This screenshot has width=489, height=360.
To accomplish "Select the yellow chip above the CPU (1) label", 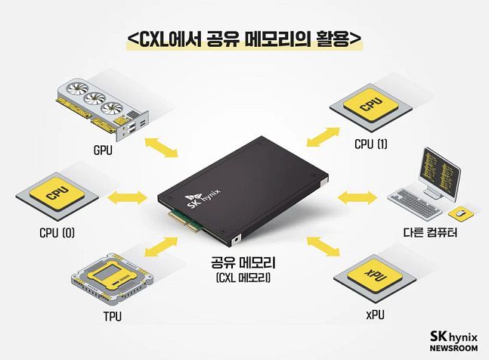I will point(371,107).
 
